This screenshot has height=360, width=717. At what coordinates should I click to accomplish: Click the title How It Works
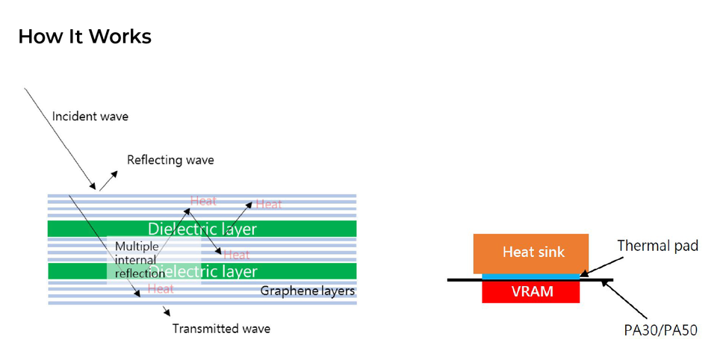coord(84,36)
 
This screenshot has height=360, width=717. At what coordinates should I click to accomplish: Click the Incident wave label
coord(90,117)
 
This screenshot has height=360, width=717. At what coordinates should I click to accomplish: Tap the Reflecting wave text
coord(170,160)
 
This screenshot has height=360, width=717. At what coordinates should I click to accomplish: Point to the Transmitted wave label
coord(221,329)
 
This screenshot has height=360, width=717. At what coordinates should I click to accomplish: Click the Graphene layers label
coord(307,291)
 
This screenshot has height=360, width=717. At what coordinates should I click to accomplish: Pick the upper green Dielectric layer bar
coord(202,229)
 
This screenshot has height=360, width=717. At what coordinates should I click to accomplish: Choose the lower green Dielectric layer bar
coord(202,271)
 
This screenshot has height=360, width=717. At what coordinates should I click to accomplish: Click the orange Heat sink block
coord(531,253)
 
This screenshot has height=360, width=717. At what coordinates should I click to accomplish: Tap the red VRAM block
coord(531,291)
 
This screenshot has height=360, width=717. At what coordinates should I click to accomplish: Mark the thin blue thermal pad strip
coord(531,276)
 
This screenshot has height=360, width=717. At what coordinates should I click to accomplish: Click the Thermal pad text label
coord(658,245)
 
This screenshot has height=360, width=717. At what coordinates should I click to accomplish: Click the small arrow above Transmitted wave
coord(166,310)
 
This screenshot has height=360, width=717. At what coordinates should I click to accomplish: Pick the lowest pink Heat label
coord(161,289)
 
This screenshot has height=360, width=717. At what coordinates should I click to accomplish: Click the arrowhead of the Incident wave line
coord(93,187)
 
